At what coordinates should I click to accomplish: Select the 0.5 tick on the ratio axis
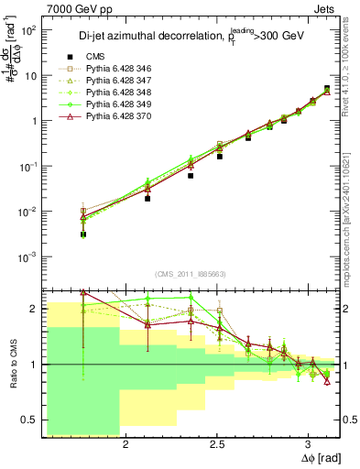click(x=30, y=420)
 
